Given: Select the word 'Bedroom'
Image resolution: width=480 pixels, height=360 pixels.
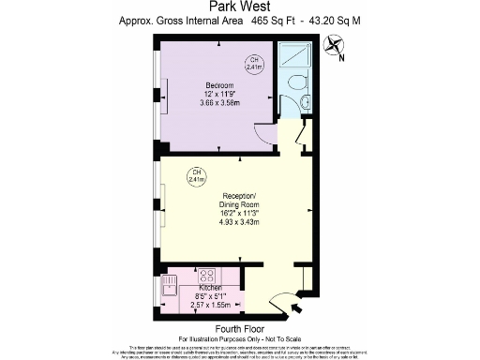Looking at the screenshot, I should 219,85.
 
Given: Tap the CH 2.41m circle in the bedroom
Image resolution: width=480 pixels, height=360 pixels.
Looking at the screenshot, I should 253,64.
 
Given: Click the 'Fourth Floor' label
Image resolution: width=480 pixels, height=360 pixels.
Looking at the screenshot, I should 239,328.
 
